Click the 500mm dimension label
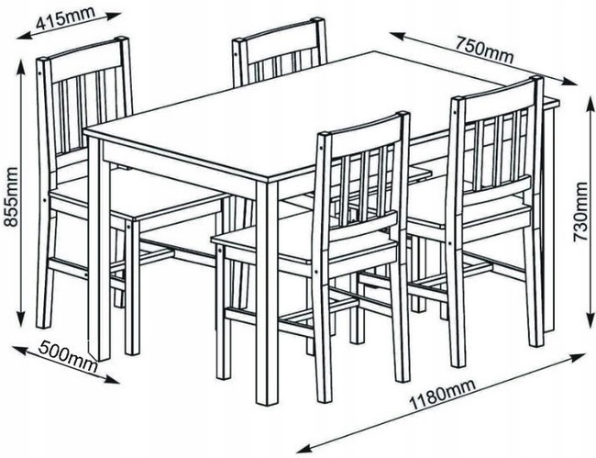coord(67,357)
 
